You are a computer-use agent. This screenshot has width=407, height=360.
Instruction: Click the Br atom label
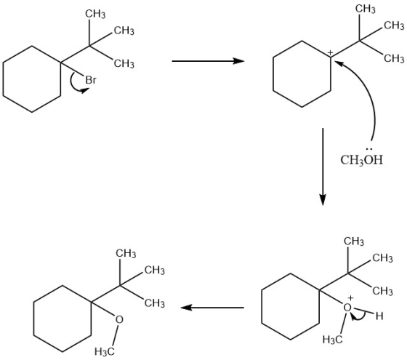[x=91, y=80]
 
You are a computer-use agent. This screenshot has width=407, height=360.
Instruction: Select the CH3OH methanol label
[x=362, y=160]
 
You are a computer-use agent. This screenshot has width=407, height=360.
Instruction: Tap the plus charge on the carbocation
[x=330, y=52]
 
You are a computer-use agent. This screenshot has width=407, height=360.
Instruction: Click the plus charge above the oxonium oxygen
[x=350, y=298]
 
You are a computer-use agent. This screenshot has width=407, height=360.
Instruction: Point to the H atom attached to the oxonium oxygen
[x=379, y=316]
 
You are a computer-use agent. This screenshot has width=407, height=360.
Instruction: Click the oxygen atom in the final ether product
[x=119, y=319]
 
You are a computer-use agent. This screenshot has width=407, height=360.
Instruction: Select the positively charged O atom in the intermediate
[x=347, y=308]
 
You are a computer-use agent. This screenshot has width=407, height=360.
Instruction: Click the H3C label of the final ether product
[x=105, y=352]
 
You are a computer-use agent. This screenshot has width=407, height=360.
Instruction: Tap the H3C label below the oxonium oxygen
[x=333, y=340]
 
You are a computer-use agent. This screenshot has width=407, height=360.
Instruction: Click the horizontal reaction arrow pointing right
[x=208, y=61]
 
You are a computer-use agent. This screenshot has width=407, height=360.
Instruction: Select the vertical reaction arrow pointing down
[x=323, y=167]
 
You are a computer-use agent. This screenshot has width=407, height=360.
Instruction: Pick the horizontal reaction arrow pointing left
[x=212, y=308]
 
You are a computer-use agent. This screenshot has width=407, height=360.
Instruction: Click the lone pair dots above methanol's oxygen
[x=369, y=149]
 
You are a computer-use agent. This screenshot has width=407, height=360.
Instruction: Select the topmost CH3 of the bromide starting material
[x=95, y=14]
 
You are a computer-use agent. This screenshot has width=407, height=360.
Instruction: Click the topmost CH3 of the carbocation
[x=365, y=9]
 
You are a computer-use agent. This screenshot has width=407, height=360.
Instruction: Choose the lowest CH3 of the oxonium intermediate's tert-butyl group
[x=382, y=291]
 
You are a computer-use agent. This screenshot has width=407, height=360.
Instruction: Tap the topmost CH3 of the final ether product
[x=126, y=253]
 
